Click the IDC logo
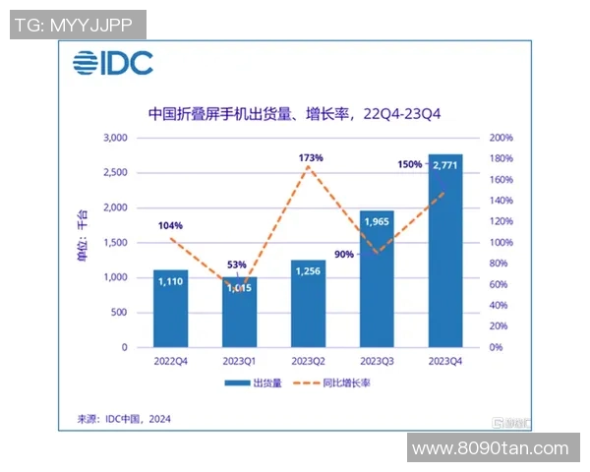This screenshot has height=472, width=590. (x=111, y=64)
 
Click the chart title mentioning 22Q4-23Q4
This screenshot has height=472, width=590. (x=294, y=113)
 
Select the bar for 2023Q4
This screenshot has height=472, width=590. (x=443, y=256)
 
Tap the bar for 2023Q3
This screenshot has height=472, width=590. (x=376, y=280)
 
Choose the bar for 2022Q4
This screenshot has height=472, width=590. (x=169, y=309)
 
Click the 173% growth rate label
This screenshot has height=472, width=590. (x=310, y=157)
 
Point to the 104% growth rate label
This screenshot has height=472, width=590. (x=169, y=225)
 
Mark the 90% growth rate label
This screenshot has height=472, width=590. (x=344, y=255)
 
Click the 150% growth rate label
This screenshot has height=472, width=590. (x=410, y=163)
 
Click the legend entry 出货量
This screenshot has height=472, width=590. (x=254, y=383)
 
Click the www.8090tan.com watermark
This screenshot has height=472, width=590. (x=490, y=448)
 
